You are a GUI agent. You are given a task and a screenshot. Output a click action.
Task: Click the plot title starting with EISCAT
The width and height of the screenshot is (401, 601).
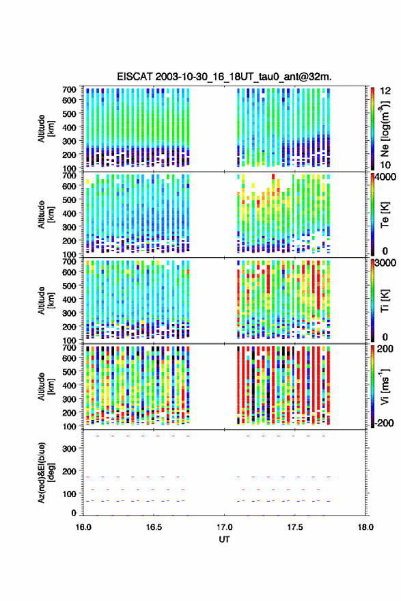click(x=225, y=77)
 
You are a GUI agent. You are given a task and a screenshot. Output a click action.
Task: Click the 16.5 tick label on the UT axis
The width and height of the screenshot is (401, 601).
click(x=154, y=527)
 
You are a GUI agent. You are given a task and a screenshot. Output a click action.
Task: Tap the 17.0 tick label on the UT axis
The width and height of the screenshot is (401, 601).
click(x=224, y=527)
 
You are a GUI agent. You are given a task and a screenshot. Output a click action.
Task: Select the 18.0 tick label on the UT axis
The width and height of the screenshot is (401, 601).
click(x=365, y=527)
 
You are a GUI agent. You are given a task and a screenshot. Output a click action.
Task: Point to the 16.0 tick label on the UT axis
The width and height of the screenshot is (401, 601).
click(x=83, y=527)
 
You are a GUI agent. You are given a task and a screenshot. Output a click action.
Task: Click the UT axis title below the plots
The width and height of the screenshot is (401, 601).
click(x=224, y=539)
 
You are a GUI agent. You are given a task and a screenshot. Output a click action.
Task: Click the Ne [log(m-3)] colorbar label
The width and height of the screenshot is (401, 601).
click(x=385, y=129)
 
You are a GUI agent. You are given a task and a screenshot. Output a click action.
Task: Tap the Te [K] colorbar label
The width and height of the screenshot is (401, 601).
click(x=385, y=215)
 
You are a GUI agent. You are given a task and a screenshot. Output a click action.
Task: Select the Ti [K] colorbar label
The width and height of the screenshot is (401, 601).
click(x=385, y=301)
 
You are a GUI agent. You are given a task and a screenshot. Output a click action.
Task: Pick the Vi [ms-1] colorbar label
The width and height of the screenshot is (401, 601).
click(x=384, y=386)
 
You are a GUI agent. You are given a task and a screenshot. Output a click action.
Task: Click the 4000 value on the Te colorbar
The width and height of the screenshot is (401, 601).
click(x=385, y=177)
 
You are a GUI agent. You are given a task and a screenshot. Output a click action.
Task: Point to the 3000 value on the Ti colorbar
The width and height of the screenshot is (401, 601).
click(x=385, y=263)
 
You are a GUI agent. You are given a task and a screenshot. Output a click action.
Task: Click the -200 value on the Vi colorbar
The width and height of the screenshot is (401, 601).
click(x=384, y=423)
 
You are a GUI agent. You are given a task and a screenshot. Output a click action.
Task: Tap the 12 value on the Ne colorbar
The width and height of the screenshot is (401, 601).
click(x=385, y=91)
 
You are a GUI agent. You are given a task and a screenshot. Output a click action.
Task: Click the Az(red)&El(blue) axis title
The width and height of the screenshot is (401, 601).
click(x=46, y=472)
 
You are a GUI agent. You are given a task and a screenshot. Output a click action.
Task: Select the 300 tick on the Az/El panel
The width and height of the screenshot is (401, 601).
click(x=69, y=449)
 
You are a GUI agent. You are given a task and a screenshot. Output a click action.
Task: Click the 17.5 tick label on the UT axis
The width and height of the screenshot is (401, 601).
click(x=294, y=527)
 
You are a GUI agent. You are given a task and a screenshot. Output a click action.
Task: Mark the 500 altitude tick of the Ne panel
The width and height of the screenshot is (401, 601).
click(x=69, y=113)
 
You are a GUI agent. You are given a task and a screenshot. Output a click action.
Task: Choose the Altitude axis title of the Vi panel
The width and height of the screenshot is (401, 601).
click(x=46, y=386)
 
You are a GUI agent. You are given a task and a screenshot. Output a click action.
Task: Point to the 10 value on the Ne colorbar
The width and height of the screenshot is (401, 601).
click(x=385, y=165)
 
